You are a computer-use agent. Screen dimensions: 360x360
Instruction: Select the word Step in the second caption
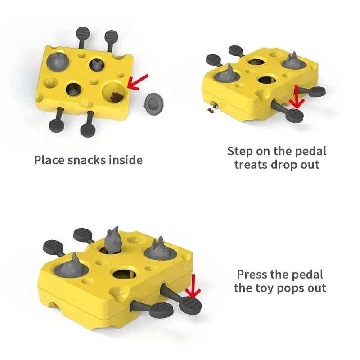pyautogui.click(x=242, y=151)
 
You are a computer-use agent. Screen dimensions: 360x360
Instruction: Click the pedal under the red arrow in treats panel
pyautogui.click(x=295, y=116)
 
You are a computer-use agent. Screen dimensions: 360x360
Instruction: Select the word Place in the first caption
pyautogui.click(x=49, y=160)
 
